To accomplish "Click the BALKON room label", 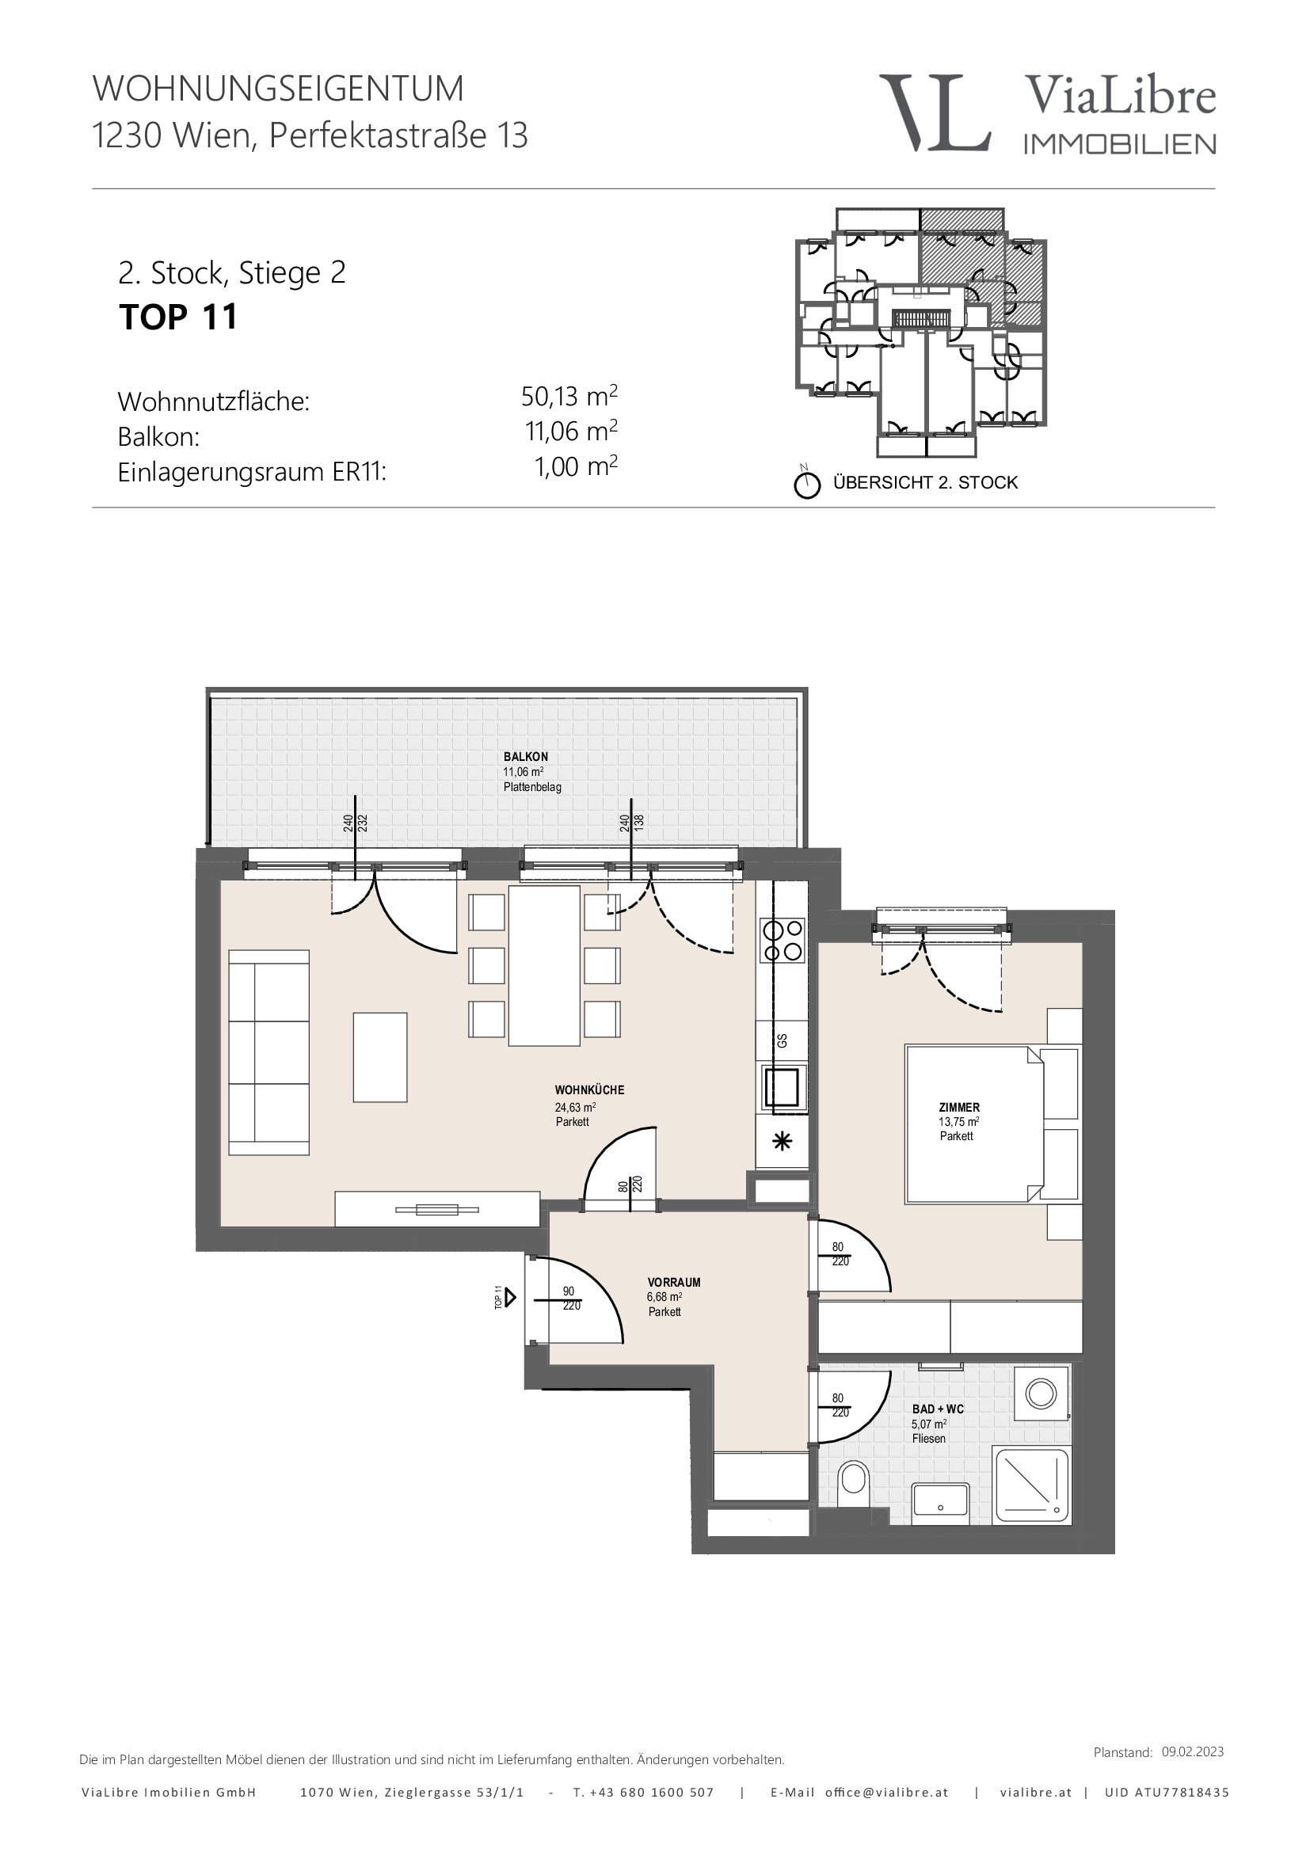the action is tap(526, 757).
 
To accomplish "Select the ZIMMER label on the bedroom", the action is tap(959, 1108).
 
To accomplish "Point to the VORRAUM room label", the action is tap(674, 1282).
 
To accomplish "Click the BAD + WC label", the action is tap(938, 1409).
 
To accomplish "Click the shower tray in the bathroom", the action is tap(1032, 1485).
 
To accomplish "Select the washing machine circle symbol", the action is tap(1041, 1393).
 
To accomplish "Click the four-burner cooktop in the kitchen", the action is tap(783, 941).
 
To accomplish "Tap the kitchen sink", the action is tap(782, 1087).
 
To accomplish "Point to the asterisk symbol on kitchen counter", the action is tap(782, 1142).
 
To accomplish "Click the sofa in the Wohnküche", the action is tap(268, 1052).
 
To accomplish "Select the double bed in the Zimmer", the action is tap(974, 1124).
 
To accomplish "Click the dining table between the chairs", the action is tap(544, 965).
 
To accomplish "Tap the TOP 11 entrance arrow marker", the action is tap(510, 1297).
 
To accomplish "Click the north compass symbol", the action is tap(806, 484).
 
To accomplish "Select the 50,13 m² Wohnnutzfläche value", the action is tap(569, 396).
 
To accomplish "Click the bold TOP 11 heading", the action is tap(178, 316).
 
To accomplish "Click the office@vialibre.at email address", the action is tap(886, 1793).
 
